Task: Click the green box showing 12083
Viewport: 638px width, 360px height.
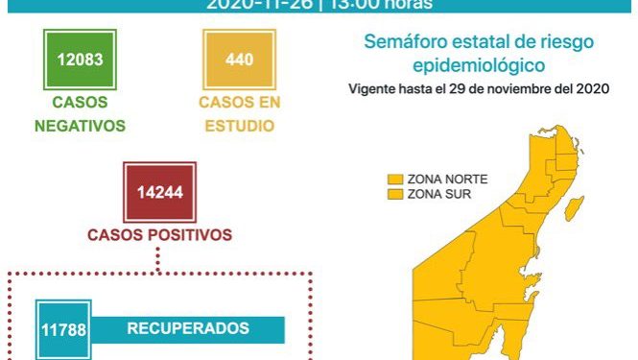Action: pyautogui.click(x=79, y=60)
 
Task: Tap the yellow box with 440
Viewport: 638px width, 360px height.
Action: pyautogui.click(x=239, y=60)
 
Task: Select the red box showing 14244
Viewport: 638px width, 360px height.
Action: pyautogui.click(x=159, y=194)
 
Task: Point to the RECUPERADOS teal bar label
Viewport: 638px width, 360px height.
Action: pyautogui.click(x=188, y=328)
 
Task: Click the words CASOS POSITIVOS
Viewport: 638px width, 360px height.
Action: pyautogui.click(x=159, y=233)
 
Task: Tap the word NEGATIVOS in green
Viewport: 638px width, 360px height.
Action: pyautogui.click(x=80, y=125)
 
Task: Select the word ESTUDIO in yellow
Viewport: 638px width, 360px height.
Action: pyautogui.click(x=238, y=125)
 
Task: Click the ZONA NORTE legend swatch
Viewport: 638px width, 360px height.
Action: pyautogui.click(x=393, y=180)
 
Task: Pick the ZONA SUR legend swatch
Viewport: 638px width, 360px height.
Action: pyautogui.click(x=393, y=194)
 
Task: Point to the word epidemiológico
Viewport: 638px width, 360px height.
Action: pyautogui.click(x=479, y=66)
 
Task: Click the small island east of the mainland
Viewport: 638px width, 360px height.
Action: pyautogui.click(x=577, y=206)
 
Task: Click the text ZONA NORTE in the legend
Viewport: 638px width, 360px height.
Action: pyautogui.click(x=447, y=180)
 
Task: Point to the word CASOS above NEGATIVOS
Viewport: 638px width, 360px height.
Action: pyautogui.click(x=79, y=102)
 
